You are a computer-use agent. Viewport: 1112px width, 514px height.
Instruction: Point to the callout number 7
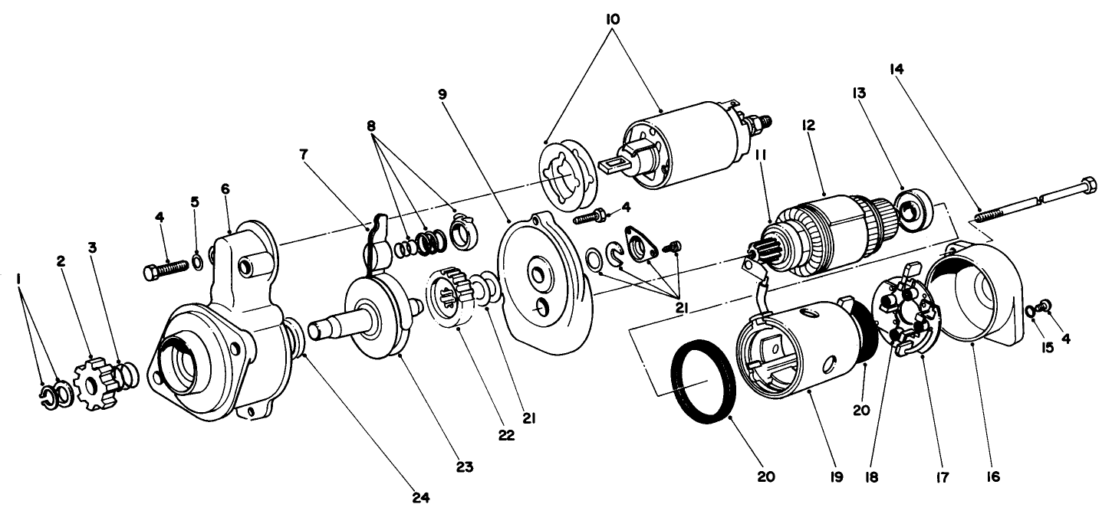[305, 154]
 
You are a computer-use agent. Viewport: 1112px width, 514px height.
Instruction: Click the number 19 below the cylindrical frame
[836, 477]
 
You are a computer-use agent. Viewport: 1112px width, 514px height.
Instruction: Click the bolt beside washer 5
[166, 268]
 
